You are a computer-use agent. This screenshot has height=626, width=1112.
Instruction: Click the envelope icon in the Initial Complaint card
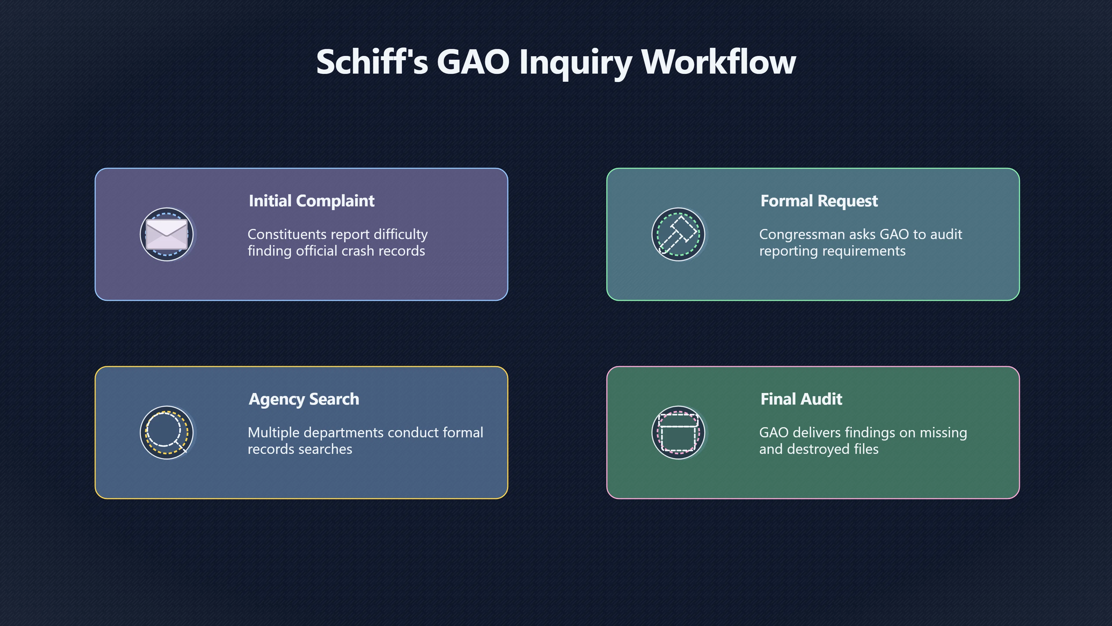pos(167,234)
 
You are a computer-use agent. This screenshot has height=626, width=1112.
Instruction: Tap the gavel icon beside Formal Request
pos(678,234)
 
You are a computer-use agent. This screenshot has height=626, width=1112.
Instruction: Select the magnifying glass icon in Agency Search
pos(167,432)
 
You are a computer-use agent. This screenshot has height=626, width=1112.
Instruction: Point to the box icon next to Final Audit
pos(678,432)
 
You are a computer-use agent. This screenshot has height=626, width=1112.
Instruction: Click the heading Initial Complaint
pos(312,201)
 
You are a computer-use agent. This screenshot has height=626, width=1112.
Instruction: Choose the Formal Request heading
pos(819,201)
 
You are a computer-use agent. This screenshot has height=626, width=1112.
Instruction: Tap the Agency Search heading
pos(304,399)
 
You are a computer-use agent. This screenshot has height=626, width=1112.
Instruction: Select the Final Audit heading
pos(801,399)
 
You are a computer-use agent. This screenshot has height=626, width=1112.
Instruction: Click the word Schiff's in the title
pos(372,62)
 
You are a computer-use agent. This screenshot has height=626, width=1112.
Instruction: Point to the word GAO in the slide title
pos(473,62)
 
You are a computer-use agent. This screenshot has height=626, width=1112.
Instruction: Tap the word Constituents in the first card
pos(287,234)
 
